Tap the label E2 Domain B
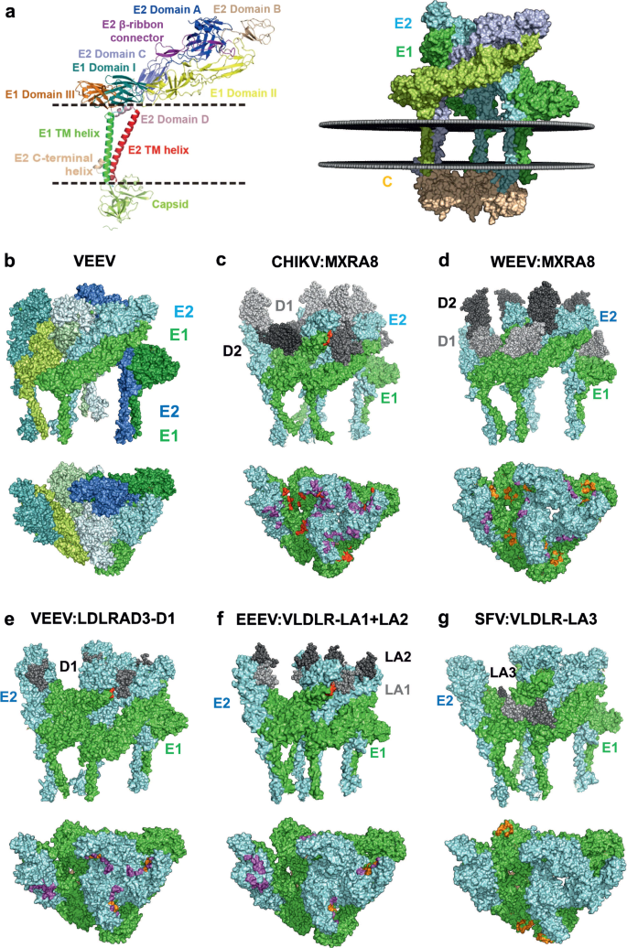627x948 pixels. coord(269,8)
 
